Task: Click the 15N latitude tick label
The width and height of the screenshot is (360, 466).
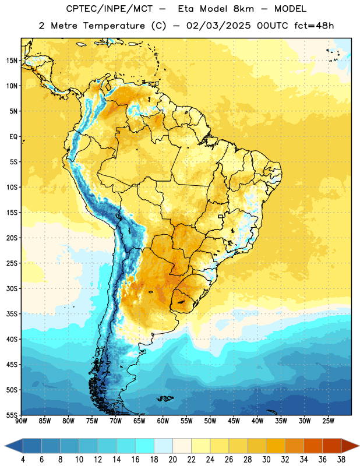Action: [x=12, y=61]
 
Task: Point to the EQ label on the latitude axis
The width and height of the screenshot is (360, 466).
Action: [x=13, y=137]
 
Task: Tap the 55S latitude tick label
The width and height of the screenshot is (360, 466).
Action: [x=12, y=415]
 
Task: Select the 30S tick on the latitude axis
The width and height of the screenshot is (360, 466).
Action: [x=12, y=288]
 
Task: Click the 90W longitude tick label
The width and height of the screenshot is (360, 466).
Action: [x=22, y=421]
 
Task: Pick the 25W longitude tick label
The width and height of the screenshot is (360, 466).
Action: [x=328, y=421]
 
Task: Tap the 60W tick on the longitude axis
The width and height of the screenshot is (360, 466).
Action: [x=163, y=421]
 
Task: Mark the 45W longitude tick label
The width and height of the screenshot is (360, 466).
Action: [x=234, y=421]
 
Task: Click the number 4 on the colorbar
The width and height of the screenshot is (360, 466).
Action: [x=23, y=460]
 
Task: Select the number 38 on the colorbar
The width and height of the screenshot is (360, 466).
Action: [x=341, y=460]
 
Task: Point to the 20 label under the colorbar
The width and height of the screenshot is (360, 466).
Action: [x=172, y=460]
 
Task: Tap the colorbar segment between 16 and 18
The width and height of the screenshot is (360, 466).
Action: [x=144, y=446]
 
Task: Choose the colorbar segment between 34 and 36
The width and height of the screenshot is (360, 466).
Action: [x=313, y=446]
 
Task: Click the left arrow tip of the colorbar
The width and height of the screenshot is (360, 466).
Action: [x=5, y=446]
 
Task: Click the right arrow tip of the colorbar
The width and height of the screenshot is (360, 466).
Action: [x=359, y=446]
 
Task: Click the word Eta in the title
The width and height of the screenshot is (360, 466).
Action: [x=186, y=9]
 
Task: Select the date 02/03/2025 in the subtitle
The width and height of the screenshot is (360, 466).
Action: [x=218, y=26]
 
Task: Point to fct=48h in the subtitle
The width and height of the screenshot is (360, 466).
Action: [x=314, y=26]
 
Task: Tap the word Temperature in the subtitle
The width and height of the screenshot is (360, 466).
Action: [x=114, y=26]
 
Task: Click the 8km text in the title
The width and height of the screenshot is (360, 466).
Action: [x=243, y=9]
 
